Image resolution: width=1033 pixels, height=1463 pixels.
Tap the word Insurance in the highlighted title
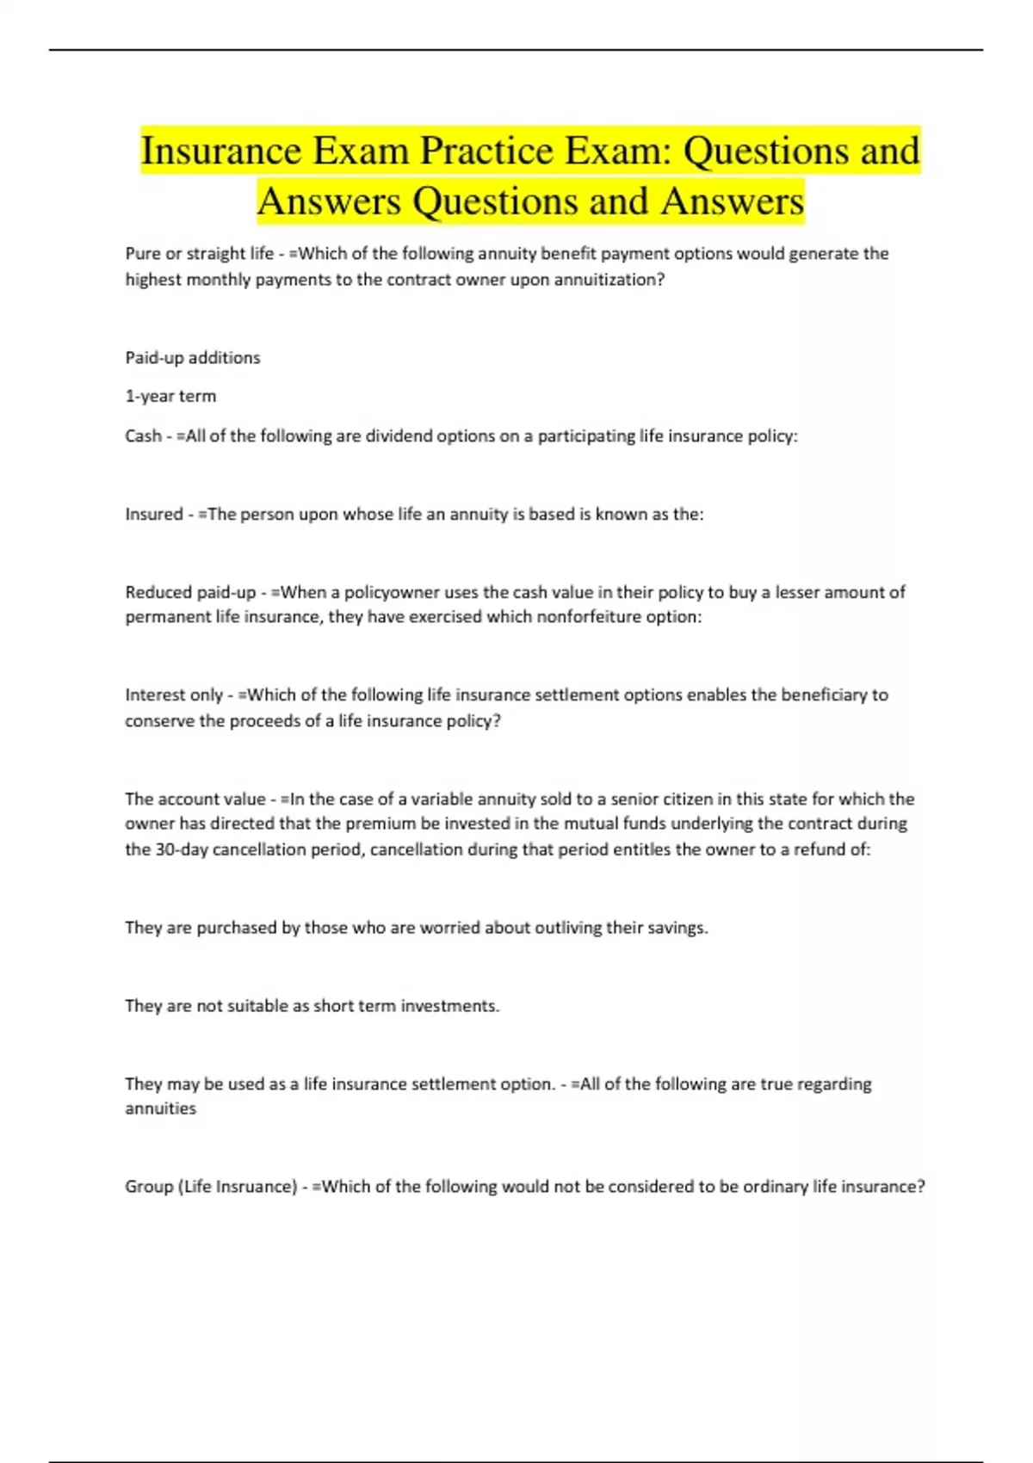(221, 152)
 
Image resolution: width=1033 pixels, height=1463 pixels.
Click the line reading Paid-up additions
(193, 358)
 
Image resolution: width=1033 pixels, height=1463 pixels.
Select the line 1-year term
(170, 397)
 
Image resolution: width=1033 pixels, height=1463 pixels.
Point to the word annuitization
(614, 280)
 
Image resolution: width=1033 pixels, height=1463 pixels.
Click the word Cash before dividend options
(143, 436)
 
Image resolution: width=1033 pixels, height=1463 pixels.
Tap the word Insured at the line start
(154, 515)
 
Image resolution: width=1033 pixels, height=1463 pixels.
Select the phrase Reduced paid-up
(190, 592)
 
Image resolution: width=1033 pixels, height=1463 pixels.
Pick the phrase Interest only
(174, 695)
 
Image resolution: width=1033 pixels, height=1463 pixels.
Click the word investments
(455, 1006)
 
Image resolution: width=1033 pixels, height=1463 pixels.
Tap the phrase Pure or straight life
(200, 254)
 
